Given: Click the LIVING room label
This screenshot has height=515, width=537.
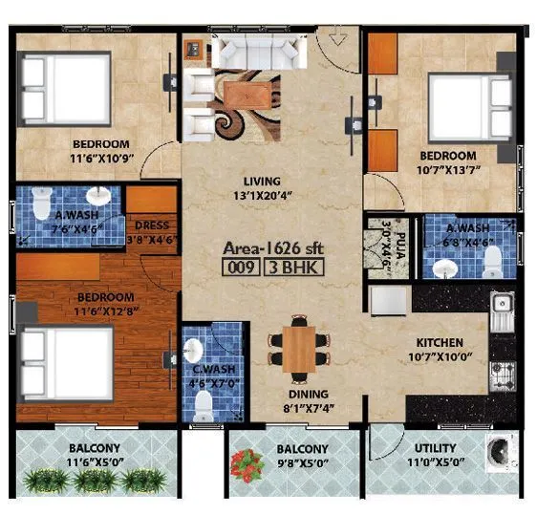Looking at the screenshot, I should click(261, 182).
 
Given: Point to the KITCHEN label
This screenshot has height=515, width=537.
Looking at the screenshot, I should click(439, 342).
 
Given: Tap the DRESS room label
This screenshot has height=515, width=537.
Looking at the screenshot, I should click(151, 225).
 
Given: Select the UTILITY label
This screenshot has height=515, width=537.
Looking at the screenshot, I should click(435, 447).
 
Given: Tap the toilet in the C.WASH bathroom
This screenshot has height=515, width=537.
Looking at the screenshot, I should click(202, 406).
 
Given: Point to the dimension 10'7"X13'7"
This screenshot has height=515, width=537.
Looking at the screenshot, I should click(448, 171).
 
